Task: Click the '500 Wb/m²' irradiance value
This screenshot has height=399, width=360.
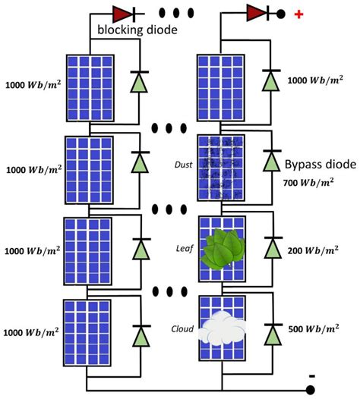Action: [x=312, y=329]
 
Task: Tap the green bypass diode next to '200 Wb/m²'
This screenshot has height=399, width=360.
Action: [x=270, y=249]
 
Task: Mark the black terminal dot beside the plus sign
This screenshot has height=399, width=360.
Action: [x=282, y=14]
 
